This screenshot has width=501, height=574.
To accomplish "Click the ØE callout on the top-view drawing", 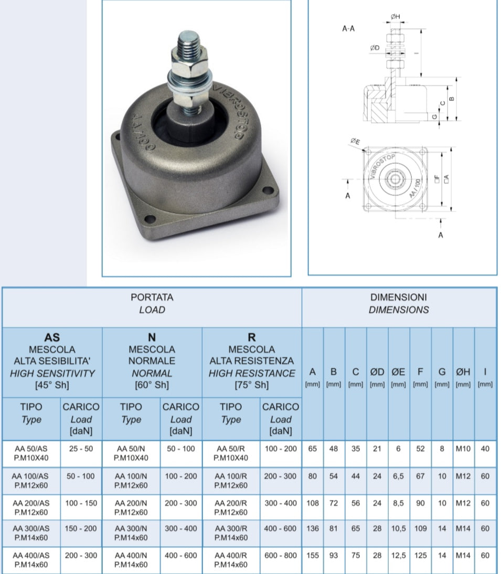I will (x=355, y=141).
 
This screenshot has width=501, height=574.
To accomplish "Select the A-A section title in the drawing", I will (x=348, y=28).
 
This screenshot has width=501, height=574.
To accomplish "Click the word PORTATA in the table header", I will (x=152, y=297).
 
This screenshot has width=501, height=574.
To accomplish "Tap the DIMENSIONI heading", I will (x=399, y=297).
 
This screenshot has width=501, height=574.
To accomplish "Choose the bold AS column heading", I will (x=52, y=337).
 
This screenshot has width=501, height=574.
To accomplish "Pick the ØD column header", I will (x=377, y=372).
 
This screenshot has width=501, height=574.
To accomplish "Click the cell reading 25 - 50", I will (x=81, y=449).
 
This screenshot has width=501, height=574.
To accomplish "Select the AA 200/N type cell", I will (x=131, y=507).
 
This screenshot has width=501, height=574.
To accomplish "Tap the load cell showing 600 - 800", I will (x=281, y=556).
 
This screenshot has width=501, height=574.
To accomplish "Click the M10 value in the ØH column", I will (x=463, y=449).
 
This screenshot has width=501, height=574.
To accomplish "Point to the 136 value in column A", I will (x=312, y=529).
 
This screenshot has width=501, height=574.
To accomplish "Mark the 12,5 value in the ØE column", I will (x=399, y=556).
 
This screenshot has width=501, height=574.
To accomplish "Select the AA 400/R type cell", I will (x=231, y=560).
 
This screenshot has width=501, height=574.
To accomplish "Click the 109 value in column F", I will (x=420, y=529).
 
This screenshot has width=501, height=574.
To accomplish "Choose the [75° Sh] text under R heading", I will (x=251, y=385).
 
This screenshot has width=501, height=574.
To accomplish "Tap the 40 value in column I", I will (x=485, y=449).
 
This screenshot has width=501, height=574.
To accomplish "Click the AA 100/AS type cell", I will (x=31, y=481).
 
